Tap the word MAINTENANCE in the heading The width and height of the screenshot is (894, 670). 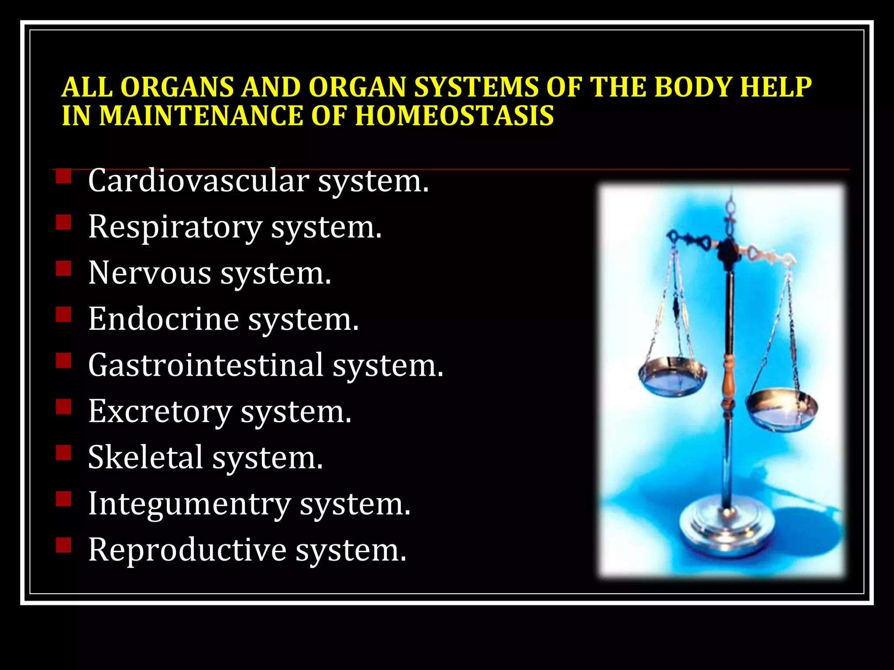click(201, 116)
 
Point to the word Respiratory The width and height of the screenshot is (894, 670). click(175, 227)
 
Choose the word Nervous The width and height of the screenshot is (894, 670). click(150, 273)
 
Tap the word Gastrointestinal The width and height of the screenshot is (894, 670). click(206, 365)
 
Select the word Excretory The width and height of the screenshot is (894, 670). click(160, 411)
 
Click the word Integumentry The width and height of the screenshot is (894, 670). click(189, 503)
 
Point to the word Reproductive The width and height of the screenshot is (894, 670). click(187, 550)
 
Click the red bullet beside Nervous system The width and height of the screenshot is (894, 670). click(64, 269)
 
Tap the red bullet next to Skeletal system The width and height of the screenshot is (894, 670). click(64, 453)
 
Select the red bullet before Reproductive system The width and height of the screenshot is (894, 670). click(64, 545)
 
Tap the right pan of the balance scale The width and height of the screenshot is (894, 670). click(781, 410)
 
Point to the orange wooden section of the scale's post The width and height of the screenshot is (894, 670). click(728, 375)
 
